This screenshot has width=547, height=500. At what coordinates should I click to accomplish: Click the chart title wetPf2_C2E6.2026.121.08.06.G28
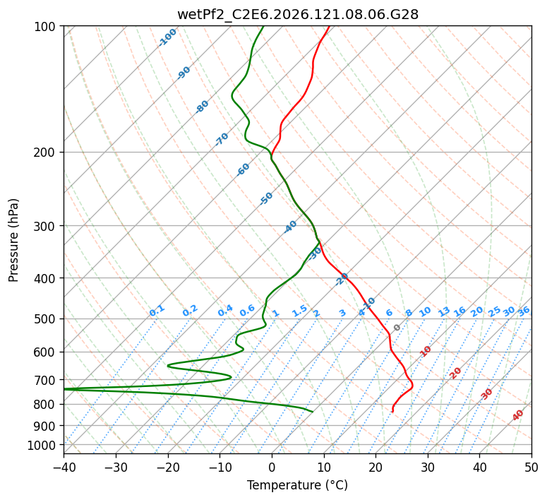pyautogui.click(x=298, y=15)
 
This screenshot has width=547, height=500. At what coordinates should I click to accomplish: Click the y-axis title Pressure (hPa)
pyautogui.click(x=13, y=240)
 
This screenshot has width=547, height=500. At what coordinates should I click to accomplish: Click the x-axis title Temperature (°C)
pyautogui.click(x=298, y=485)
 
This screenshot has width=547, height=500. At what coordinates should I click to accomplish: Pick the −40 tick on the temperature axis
pyautogui.click(x=64, y=468)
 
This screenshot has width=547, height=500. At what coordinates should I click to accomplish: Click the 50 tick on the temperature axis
pyautogui.click(x=531, y=468)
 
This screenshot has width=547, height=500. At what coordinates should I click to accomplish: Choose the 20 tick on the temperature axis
pyautogui.click(x=375, y=468)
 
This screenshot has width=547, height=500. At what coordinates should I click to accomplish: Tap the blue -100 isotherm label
pyautogui.click(x=167, y=37)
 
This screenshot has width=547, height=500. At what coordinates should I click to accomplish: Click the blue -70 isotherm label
pyautogui.click(x=222, y=139)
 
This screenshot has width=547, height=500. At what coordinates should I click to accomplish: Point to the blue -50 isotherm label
pyautogui.click(x=266, y=198)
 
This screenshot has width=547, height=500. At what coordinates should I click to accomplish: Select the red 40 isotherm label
pyautogui.click(x=517, y=415)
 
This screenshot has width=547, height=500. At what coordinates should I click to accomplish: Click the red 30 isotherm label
pyautogui.click(x=486, y=394)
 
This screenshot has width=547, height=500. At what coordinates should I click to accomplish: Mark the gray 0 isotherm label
pyautogui.click(x=397, y=328)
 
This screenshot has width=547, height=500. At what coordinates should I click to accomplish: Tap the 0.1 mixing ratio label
pyautogui.click(x=157, y=311)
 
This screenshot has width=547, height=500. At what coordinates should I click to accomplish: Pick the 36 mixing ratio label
pyautogui.click(x=524, y=312)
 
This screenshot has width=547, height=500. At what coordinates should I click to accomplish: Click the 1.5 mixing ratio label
pyautogui.click(x=300, y=311)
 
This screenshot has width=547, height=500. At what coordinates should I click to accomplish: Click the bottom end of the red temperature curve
pyautogui.click(x=393, y=412)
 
